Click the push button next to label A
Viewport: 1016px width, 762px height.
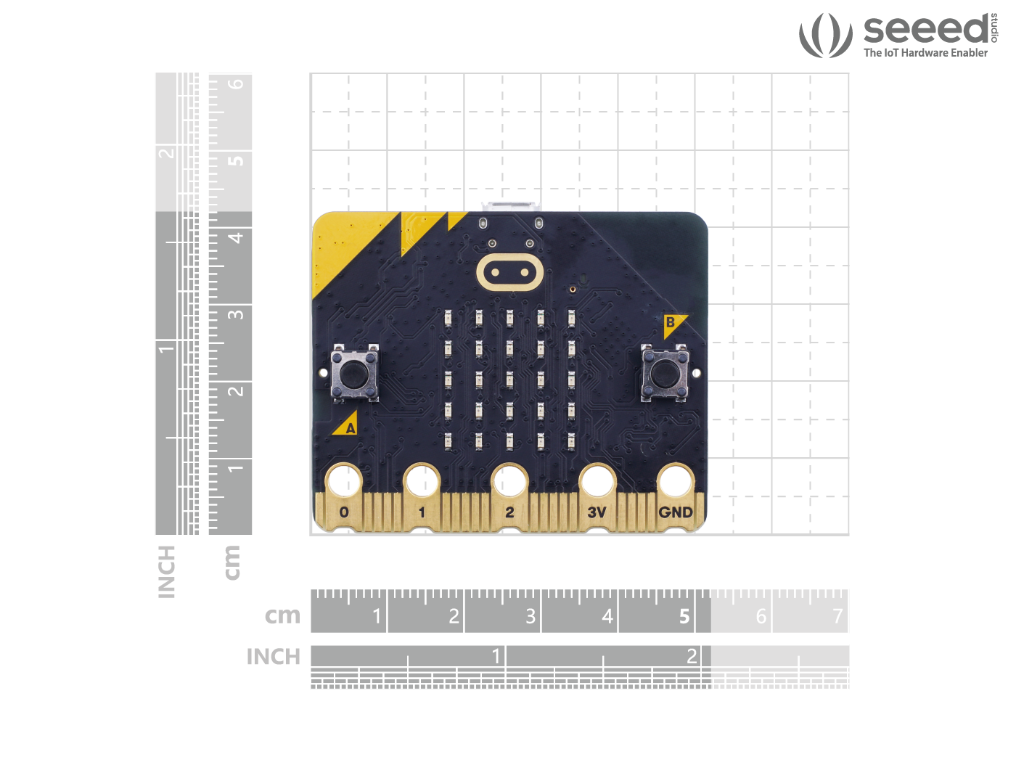point(353,374)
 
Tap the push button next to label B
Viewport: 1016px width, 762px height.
point(663,374)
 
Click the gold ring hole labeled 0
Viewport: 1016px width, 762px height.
point(344,481)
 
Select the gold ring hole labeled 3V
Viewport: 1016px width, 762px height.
point(597,481)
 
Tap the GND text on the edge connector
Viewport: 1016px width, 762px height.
point(676,512)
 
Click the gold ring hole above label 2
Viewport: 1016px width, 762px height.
point(509,481)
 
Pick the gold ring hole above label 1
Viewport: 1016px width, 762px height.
point(422,481)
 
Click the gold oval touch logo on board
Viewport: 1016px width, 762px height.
point(510,273)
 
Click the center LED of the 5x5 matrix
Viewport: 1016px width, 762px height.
point(509,379)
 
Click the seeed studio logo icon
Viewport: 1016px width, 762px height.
point(825,35)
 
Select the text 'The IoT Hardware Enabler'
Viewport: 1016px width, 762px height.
point(925,53)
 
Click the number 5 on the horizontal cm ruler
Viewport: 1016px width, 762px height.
point(684,616)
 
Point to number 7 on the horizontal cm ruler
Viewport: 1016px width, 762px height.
point(837,616)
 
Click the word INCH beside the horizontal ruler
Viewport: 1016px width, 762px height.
point(273,657)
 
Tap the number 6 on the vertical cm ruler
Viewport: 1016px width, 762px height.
point(236,83)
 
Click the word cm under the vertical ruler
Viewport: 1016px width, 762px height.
point(232,562)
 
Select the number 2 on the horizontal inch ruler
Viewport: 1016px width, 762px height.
point(692,656)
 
